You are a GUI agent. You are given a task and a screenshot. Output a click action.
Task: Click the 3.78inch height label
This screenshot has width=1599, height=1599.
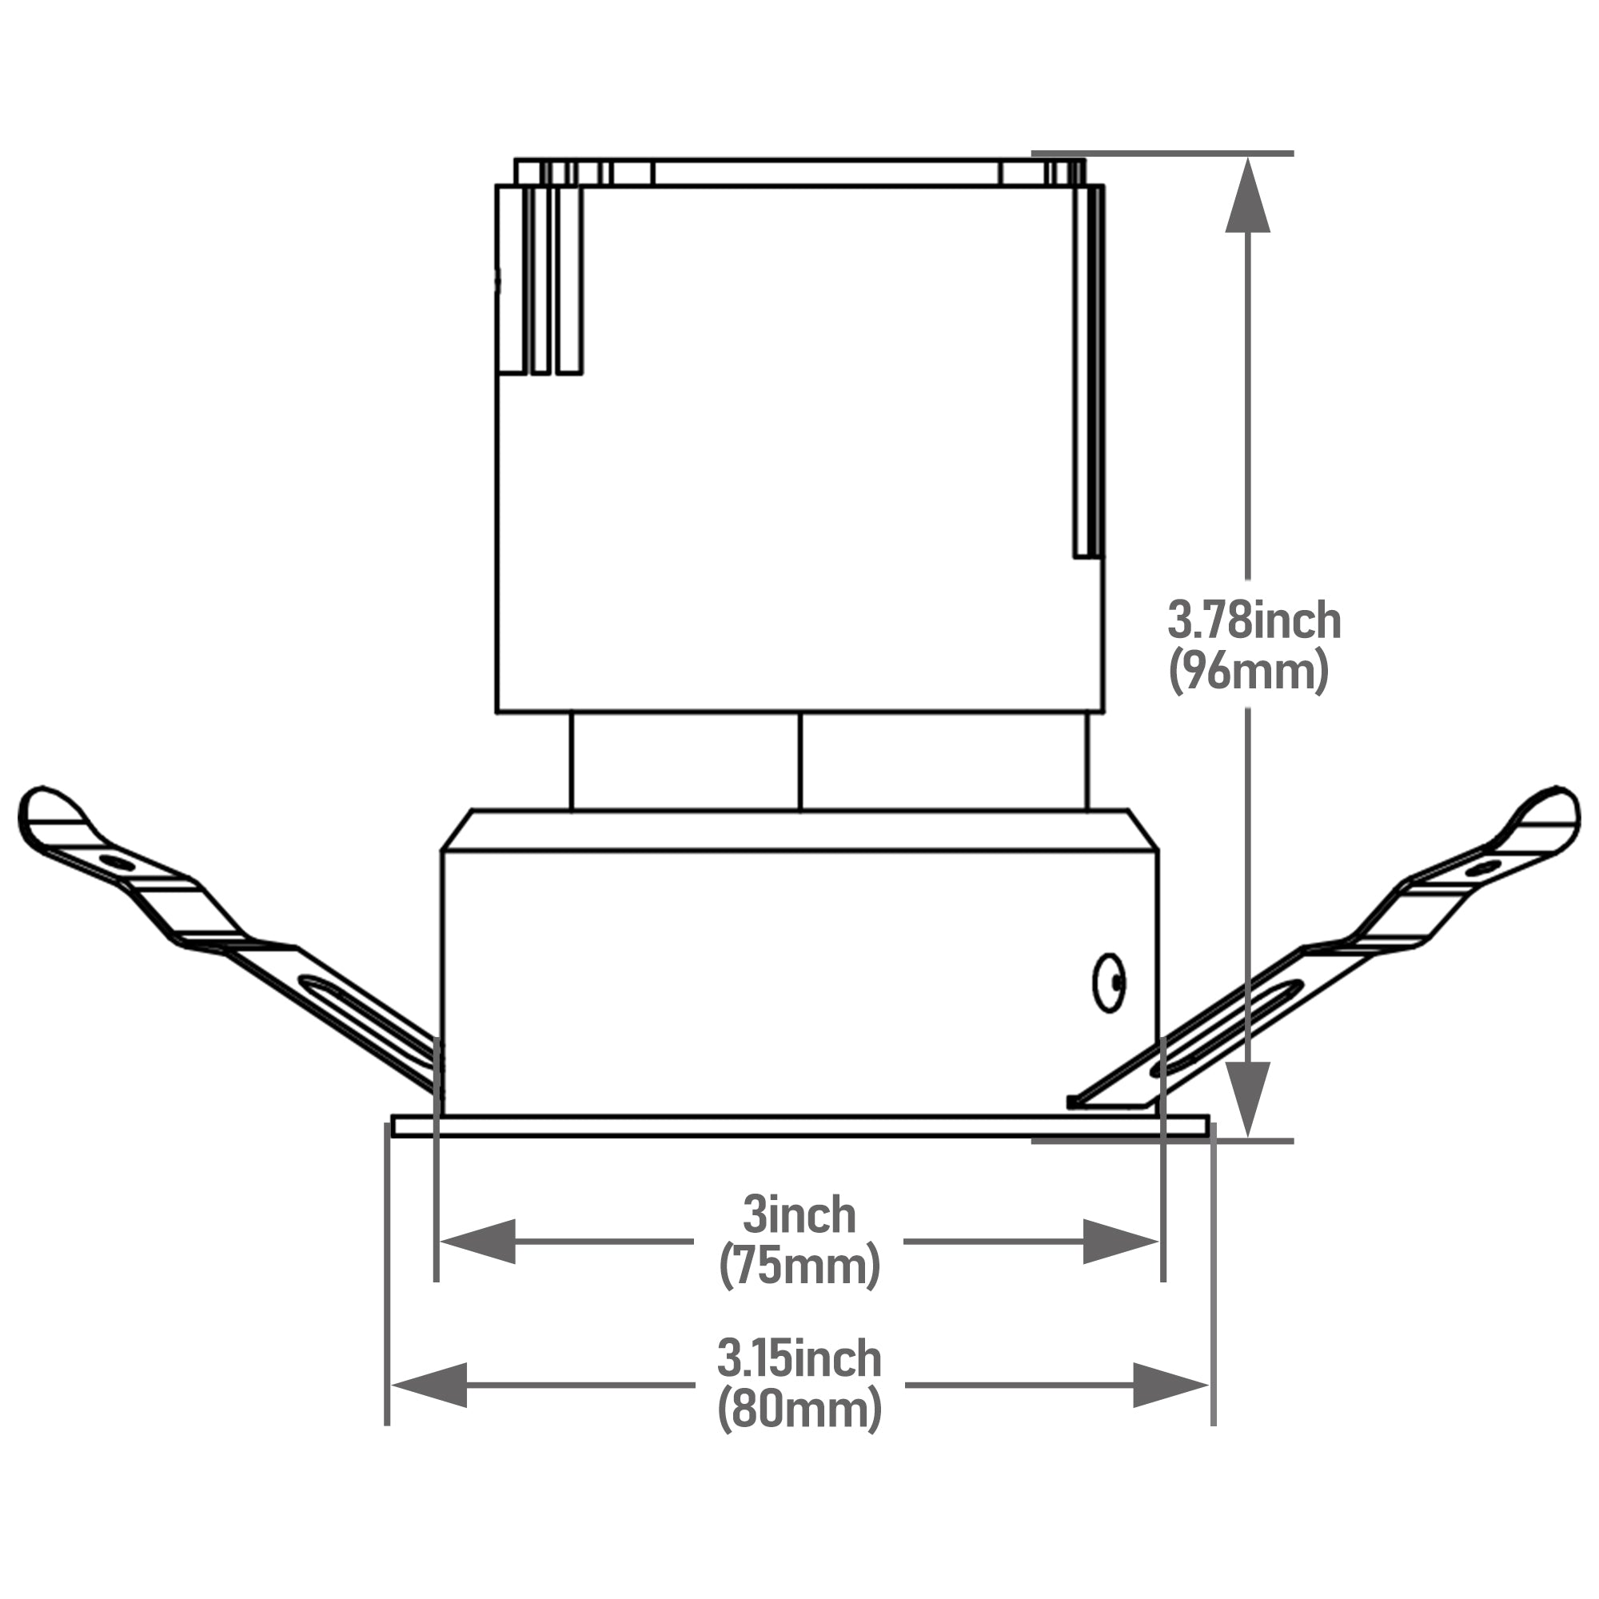coord(1254,620)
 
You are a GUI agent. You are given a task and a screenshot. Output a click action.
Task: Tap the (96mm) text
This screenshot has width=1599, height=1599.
coord(1249,672)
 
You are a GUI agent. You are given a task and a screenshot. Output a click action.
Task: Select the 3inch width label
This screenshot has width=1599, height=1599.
coord(799,1215)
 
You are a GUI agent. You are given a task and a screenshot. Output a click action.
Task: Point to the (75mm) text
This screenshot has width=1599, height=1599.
coord(799,1266)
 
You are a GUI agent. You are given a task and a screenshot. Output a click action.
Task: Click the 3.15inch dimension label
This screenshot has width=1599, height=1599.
coord(799,1359)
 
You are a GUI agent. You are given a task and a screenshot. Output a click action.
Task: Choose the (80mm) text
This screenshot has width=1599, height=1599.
coord(799,1410)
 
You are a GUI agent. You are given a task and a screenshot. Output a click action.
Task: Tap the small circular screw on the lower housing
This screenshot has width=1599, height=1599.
coord(1109,983)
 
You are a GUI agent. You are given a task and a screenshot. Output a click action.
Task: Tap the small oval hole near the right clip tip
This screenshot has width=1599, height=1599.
coord(1482,868)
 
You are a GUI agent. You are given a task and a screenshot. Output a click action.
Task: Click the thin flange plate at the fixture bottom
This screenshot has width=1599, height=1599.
coord(799,1126)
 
